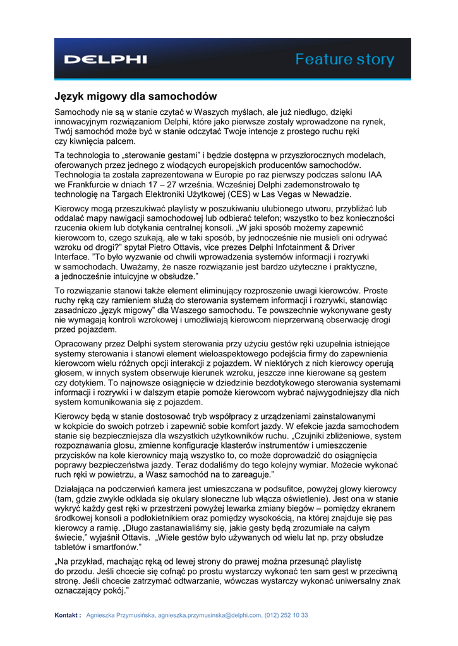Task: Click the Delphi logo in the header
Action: pos(105,60)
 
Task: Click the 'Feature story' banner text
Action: pos(345,60)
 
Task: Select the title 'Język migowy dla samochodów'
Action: pos(135,97)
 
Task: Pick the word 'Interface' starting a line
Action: pos(72,257)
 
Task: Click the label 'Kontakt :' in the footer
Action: pos(68,615)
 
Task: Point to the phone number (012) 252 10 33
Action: pos(286,615)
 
